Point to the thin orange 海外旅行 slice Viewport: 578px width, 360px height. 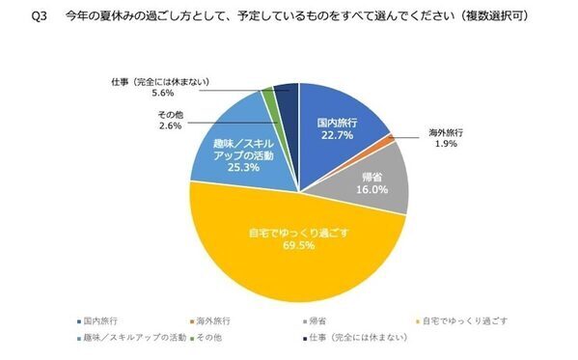pos(393,141)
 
